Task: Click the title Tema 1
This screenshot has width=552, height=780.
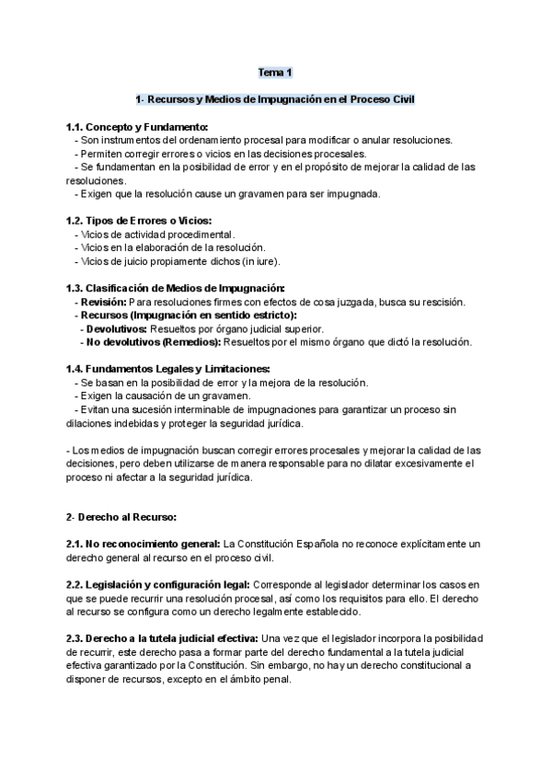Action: click(275, 72)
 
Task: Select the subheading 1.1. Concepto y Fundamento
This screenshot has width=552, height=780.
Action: click(138, 127)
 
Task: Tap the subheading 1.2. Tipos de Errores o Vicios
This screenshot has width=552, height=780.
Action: click(139, 221)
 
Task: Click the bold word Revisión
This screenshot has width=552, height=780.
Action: click(102, 302)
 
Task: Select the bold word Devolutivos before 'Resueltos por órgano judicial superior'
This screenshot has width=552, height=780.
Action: click(114, 328)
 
